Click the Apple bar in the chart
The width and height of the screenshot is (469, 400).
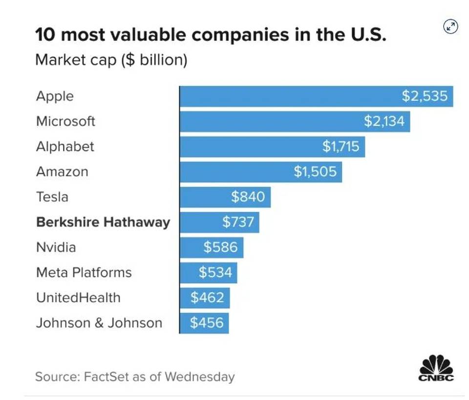pos(293,96)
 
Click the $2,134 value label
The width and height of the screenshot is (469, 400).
pos(384,121)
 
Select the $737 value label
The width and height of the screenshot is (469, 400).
pos(238,222)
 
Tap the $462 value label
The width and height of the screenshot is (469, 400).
pos(207,298)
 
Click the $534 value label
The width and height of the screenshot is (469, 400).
pos(215,272)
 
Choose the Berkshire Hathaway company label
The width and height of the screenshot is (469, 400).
pos(103,222)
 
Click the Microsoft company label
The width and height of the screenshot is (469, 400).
pos(65,121)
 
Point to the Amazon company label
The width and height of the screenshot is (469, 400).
pos(62,172)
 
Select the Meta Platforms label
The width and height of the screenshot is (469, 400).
pos(84,272)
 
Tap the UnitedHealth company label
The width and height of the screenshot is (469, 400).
pos(78,298)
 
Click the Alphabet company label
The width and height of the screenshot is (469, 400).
pos(65,146)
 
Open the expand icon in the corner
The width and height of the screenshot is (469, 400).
pos(450,27)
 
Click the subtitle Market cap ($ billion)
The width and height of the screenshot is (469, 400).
pos(111,61)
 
